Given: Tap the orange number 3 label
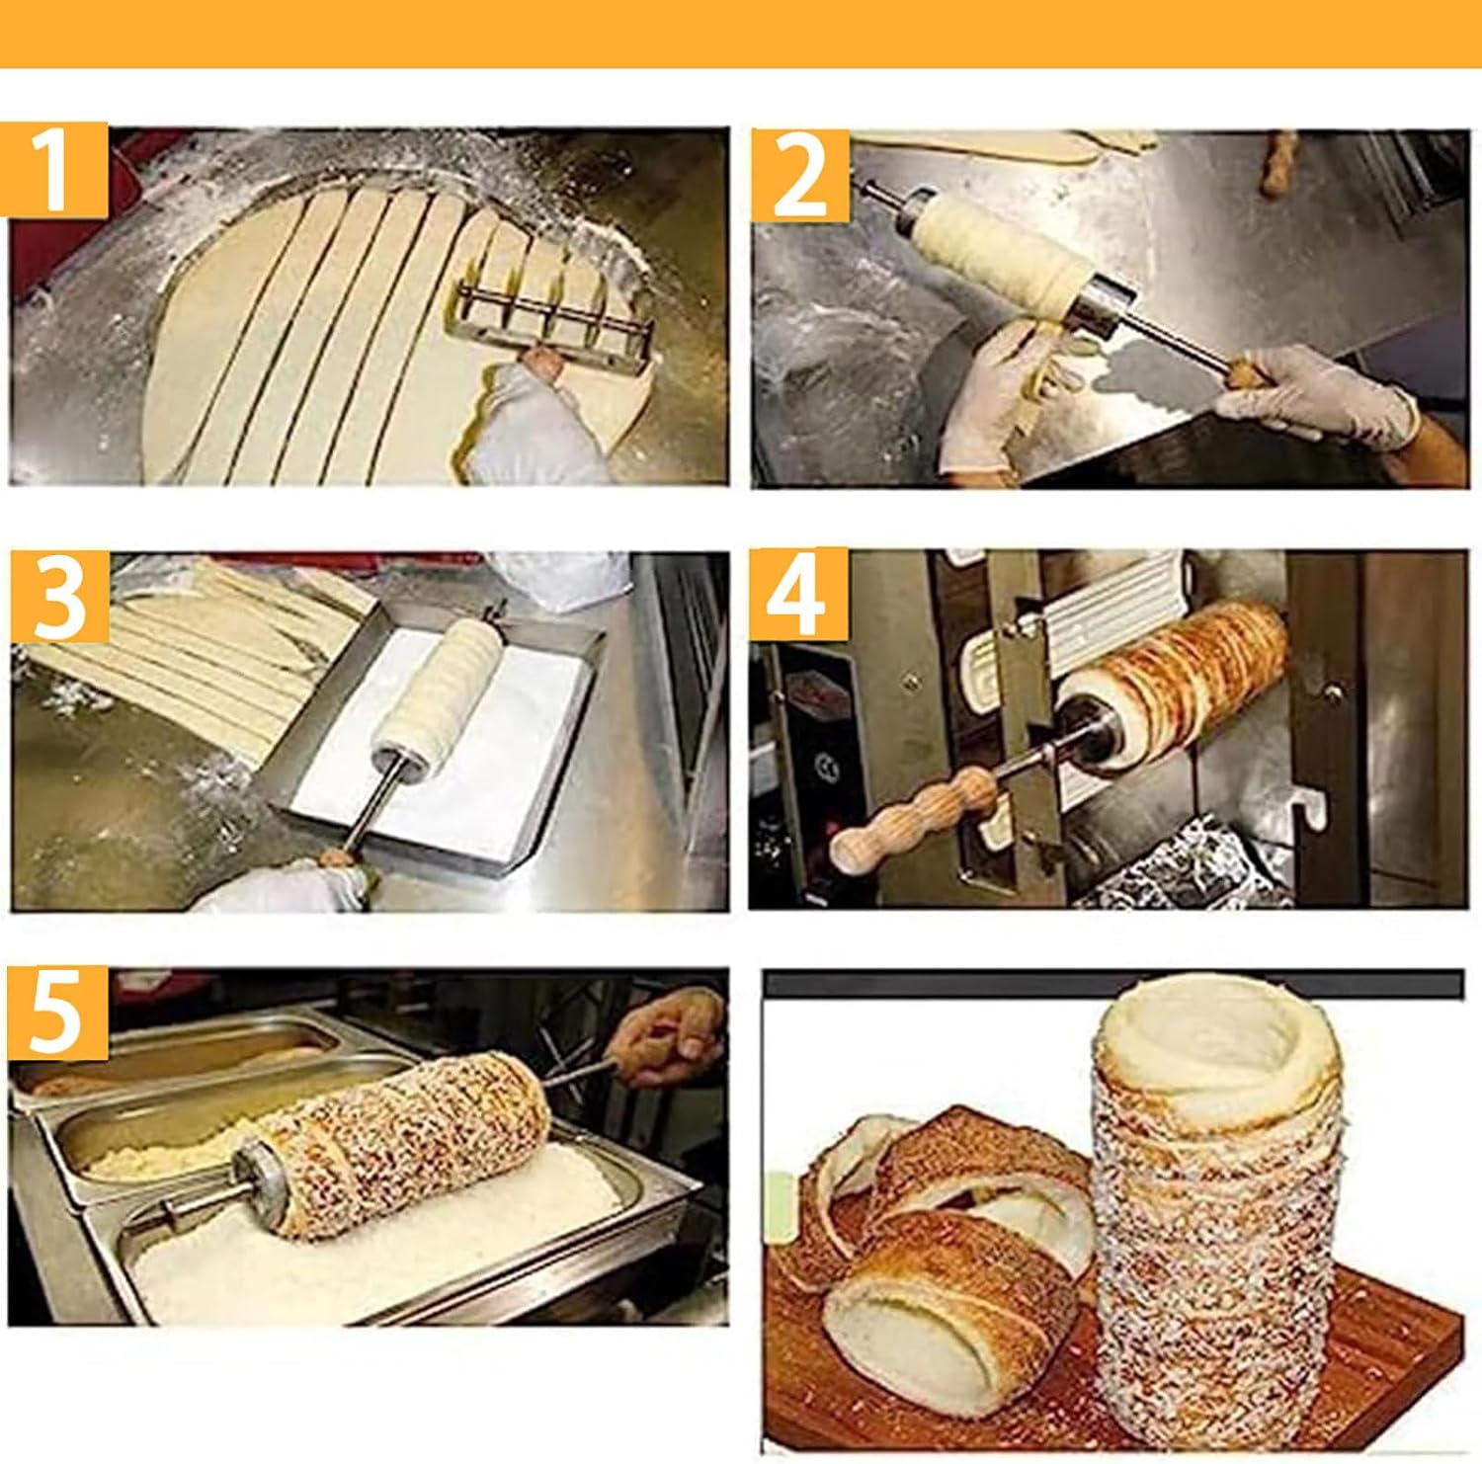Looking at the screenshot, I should pos(59,599).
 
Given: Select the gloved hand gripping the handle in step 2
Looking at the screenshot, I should pos(1314,395).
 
